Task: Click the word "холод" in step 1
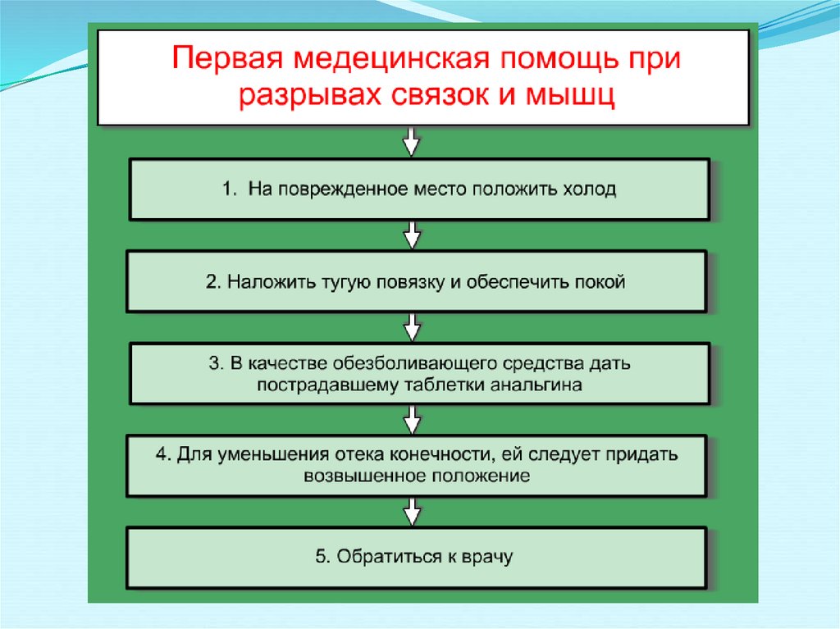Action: click(587, 189)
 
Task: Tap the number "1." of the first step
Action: click(230, 189)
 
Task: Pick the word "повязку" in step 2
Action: click(408, 282)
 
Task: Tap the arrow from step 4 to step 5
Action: click(413, 513)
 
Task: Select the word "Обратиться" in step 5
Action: click(384, 558)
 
